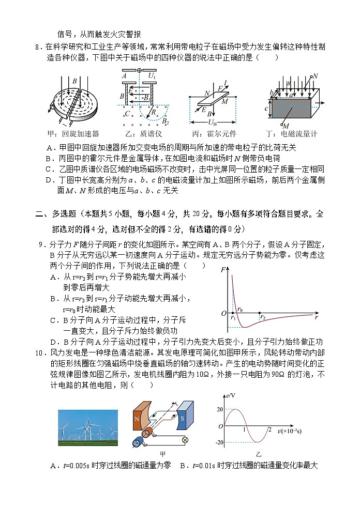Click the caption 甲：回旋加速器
(x=72, y=133)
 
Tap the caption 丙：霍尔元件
(x=213, y=133)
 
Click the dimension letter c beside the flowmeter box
(x=266, y=109)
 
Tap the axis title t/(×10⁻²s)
(x=290, y=431)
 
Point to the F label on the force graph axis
(x=222, y=269)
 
